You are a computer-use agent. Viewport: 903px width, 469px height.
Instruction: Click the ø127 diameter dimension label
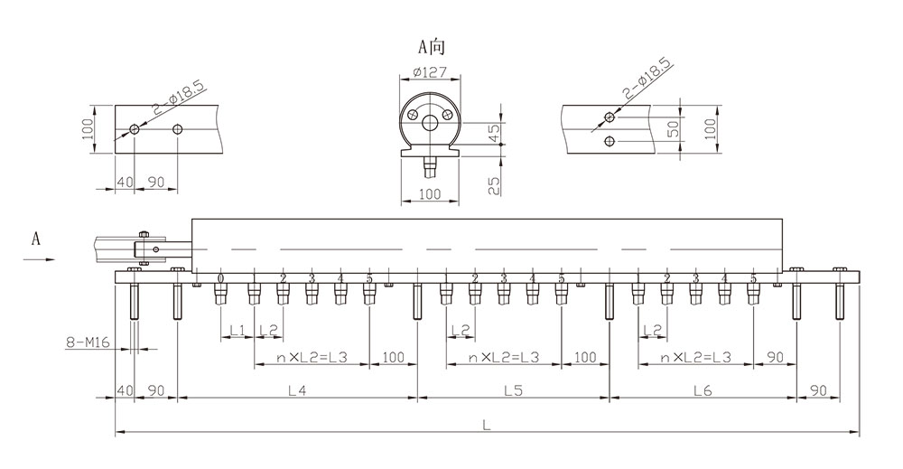point(429,73)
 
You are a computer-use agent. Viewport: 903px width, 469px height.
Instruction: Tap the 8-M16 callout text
point(88,342)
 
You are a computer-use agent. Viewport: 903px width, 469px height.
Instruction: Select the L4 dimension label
point(296,390)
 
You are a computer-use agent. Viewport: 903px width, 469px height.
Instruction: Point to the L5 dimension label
point(513,390)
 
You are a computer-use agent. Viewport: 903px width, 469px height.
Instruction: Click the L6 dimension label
point(703,390)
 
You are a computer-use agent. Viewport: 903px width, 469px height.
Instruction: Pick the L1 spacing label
point(237,330)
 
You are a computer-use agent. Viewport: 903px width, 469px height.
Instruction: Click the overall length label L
point(487,426)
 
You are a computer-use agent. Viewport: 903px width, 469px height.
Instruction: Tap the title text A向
point(432,47)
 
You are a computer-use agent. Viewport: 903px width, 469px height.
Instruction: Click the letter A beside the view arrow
point(36,239)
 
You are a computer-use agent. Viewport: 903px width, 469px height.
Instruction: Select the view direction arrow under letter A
point(39,260)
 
